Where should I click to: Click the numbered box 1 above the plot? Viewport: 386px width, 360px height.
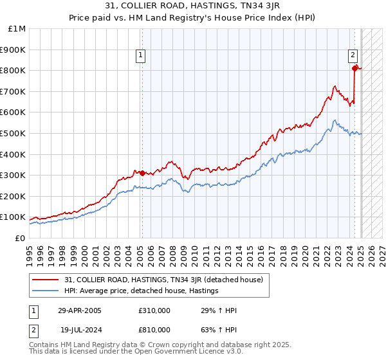(x=140, y=56)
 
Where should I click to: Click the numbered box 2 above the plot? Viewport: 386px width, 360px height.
(x=353, y=56)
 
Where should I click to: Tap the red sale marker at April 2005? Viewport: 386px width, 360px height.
(x=142, y=172)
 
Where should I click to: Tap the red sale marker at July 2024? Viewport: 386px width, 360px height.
(x=354, y=67)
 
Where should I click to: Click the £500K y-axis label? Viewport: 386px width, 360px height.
(x=13, y=133)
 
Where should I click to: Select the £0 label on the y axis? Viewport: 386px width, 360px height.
(x=19, y=238)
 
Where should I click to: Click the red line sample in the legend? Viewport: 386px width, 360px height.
(x=46, y=280)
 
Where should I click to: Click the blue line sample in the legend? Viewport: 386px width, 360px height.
(x=46, y=291)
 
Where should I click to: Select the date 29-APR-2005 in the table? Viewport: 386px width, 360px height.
(x=80, y=310)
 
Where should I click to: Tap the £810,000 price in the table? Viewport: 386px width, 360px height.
(x=154, y=329)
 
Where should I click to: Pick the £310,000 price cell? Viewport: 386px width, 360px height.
(x=154, y=310)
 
